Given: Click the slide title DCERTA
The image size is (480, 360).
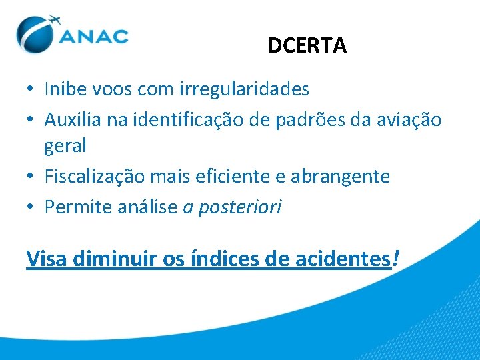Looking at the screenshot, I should pos(307,45).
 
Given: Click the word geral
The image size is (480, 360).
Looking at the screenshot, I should pos(65,145).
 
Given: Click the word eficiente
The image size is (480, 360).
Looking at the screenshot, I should pos(240,177).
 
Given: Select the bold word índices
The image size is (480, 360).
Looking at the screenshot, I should pos(227,258).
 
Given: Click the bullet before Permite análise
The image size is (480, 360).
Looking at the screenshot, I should pos(31,208).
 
